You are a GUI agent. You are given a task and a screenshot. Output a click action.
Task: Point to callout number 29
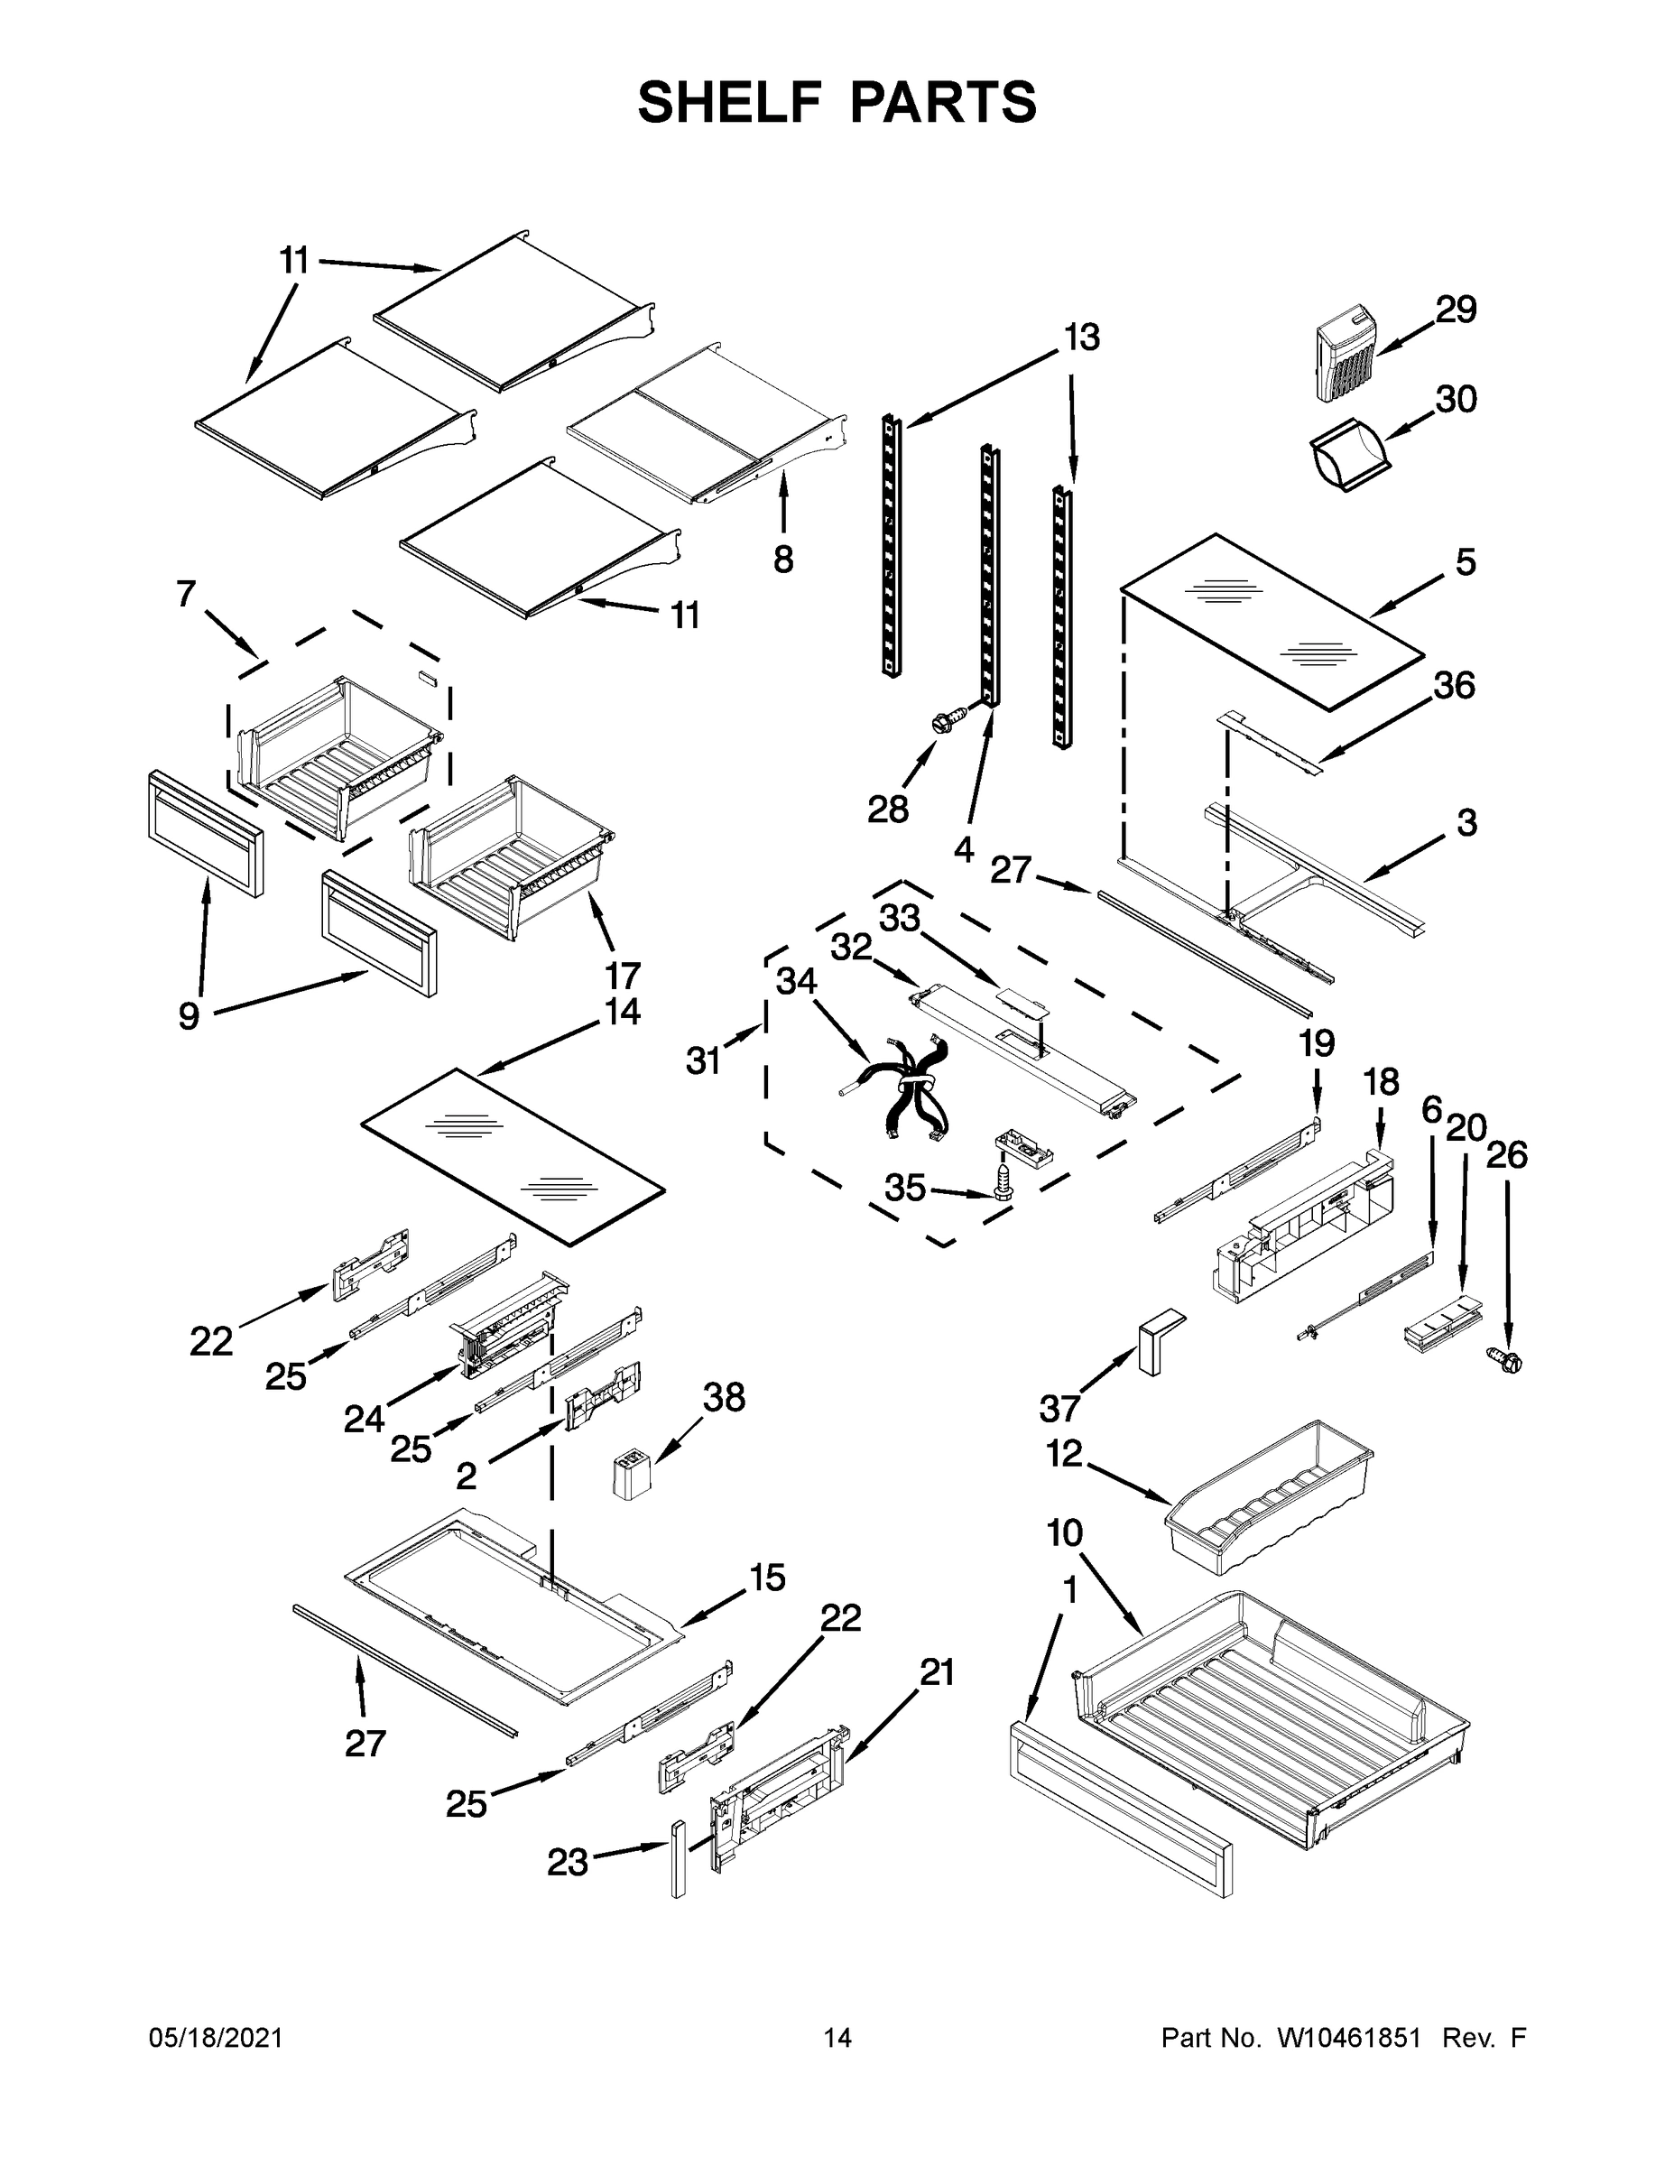coord(1456,310)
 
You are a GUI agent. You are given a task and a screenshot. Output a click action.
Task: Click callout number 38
coord(724,1397)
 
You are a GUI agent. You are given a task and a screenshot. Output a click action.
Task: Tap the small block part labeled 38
coord(631,1475)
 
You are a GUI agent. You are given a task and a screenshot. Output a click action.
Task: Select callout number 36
coord(1454,685)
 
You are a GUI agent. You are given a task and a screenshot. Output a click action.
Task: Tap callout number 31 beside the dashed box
coord(703,1061)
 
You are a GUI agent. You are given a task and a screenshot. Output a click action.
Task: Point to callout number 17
coord(623,975)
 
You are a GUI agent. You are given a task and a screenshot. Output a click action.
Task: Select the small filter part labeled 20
coord(1436,1321)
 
